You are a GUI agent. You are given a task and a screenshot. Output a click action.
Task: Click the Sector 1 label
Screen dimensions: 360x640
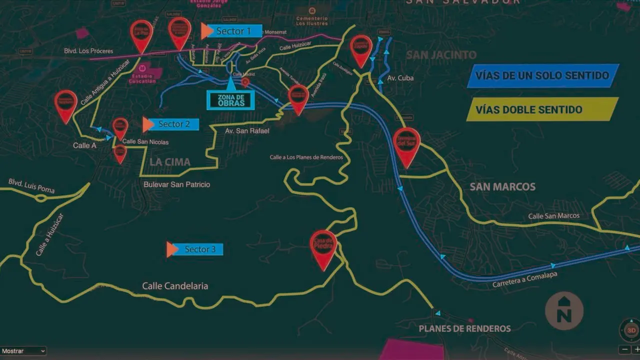coord(233,31)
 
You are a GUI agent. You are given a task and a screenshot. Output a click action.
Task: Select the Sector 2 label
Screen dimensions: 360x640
coord(174,124)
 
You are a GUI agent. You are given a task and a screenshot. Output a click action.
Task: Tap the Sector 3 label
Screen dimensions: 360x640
coord(200,249)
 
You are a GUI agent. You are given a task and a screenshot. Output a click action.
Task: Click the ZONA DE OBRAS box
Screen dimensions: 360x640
coord(231,100)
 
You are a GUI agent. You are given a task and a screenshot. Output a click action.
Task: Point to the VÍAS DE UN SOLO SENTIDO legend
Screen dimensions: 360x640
coord(542,76)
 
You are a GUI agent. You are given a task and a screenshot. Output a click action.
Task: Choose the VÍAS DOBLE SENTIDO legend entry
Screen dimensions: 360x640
coord(542,109)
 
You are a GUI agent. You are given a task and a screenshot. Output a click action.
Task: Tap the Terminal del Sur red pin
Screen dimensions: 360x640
coord(406,143)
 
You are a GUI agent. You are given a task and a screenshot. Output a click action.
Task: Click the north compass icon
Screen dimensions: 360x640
coord(564,311)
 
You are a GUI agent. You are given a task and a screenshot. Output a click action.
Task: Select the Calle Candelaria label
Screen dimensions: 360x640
coord(175,286)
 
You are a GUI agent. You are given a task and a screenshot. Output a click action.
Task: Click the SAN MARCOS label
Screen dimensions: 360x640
coord(502,187)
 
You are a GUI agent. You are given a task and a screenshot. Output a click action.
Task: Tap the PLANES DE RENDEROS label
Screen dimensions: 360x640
coord(464,328)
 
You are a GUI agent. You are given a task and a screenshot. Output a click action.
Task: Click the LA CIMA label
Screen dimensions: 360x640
coord(170,162)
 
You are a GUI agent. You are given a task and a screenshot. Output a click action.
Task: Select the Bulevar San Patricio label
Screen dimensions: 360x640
coord(176,184)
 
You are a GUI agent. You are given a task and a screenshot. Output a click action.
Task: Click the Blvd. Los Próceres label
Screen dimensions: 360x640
coord(88,51)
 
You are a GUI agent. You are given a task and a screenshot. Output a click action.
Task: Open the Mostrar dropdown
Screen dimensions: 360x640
coord(23,351)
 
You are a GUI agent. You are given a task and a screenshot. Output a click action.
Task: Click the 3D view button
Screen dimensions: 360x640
coord(631,330)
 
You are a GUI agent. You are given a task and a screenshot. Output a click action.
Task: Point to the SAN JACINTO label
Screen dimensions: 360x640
coord(441,55)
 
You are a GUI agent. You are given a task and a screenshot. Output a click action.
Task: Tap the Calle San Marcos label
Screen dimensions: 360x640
coord(554,216)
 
